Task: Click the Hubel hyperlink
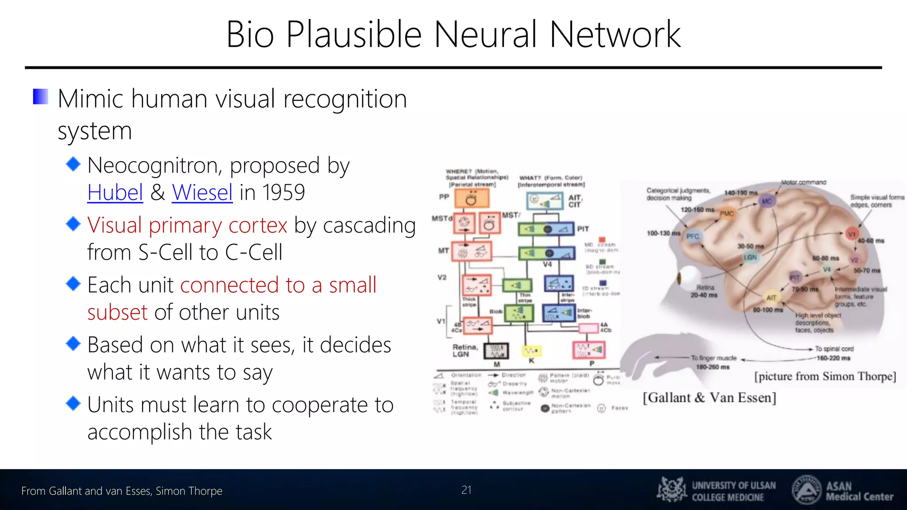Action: (115, 193)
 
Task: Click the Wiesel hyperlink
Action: (202, 193)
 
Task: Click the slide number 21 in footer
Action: (466, 490)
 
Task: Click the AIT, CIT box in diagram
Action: (545, 201)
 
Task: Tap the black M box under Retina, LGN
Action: (496, 351)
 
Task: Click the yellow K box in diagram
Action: (531, 351)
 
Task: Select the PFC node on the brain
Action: (693, 236)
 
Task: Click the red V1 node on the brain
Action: (851, 234)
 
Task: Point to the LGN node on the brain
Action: (750, 257)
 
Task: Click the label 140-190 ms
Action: (741, 193)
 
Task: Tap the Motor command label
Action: (803, 182)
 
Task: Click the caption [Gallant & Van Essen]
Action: (709, 398)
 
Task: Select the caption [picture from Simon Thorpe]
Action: (825, 376)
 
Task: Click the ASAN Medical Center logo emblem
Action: (806, 490)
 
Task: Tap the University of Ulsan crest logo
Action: (672, 490)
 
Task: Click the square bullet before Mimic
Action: (41, 97)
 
